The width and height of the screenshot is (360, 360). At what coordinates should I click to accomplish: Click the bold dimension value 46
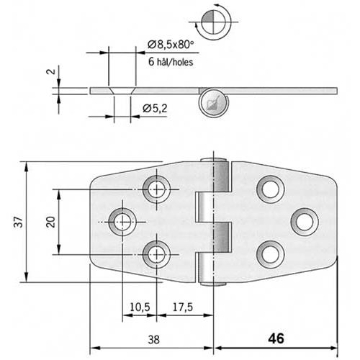coord(276,338)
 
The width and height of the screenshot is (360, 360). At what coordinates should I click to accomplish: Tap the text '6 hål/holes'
coord(173,62)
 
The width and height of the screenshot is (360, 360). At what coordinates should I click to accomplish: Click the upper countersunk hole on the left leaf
coord(156,188)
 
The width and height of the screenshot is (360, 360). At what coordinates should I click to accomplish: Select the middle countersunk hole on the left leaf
coord(121,220)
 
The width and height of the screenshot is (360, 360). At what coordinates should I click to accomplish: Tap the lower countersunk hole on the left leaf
coord(156,252)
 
